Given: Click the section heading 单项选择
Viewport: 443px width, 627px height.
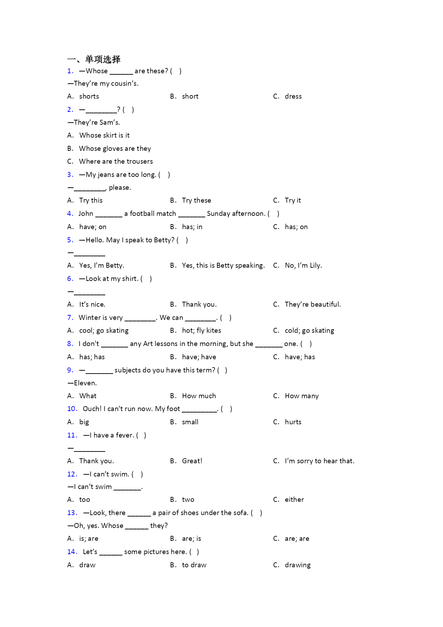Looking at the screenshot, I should tap(103, 59).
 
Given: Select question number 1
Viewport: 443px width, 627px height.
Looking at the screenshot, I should tap(70, 71).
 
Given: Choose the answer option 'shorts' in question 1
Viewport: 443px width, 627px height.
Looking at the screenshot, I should tap(89, 97).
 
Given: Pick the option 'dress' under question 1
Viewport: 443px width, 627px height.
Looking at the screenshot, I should tap(293, 97).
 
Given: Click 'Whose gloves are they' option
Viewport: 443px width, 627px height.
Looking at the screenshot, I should tap(115, 149).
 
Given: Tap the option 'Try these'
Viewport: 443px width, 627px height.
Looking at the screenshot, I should tap(196, 201).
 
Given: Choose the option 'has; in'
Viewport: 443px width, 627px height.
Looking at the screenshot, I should tap(192, 227).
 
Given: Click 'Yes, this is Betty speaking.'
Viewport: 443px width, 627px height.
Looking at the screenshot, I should tap(223, 266).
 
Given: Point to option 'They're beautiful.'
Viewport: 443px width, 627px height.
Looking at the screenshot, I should tap(313, 305).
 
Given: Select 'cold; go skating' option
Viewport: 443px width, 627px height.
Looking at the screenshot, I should tap(309, 331).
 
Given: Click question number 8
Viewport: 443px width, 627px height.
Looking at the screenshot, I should tap(70, 344).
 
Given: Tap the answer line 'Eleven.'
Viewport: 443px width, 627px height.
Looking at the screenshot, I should tap(85, 383).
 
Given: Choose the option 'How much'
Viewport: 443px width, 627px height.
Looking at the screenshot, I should tap(199, 396).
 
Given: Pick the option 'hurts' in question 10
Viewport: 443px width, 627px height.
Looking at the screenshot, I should tap(293, 422).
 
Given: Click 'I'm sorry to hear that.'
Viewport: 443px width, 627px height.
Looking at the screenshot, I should tap(319, 461).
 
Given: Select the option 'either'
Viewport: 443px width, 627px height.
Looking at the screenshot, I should tap(294, 500).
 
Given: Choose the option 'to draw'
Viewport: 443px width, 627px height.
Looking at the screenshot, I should tap(194, 565).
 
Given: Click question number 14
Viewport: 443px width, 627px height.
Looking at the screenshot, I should tap(72, 552).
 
